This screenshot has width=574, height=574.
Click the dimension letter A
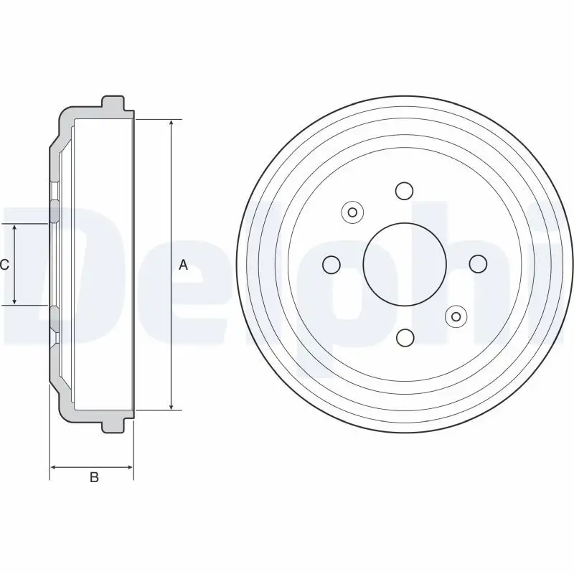point(183,265)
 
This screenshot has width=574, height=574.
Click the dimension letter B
point(93,479)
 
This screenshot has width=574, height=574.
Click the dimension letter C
point(4,265)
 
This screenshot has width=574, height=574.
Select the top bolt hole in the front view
point(405,191)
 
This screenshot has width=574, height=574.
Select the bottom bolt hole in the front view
point(405,337)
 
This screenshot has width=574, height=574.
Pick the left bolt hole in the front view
point(331,265)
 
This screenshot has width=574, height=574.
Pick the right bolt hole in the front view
point(477,264)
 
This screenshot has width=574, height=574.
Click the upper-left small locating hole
point(352,212)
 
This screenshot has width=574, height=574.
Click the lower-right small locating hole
point(456,316)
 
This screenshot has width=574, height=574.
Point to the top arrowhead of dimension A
point(171,123)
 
